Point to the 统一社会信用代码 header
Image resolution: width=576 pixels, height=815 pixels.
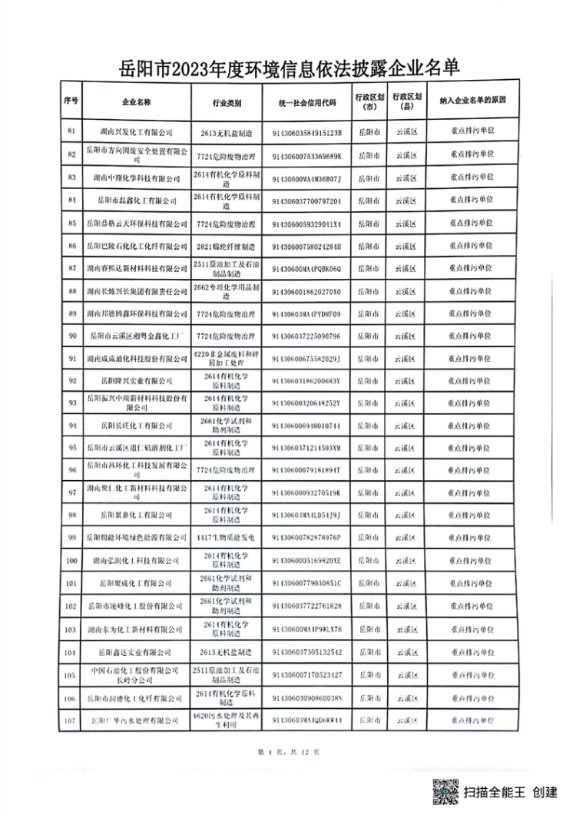[306, 101]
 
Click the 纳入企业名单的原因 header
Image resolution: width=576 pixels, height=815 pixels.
[472, 101]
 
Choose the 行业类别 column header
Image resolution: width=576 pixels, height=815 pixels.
[227, 101]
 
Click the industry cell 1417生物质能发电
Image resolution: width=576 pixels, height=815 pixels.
[227, 536]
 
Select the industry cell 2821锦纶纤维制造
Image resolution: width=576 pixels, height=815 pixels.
[227, 246]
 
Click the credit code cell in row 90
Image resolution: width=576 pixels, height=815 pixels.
[306, 336]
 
